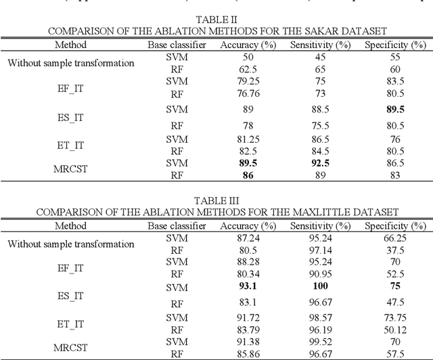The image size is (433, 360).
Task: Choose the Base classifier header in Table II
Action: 177,45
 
